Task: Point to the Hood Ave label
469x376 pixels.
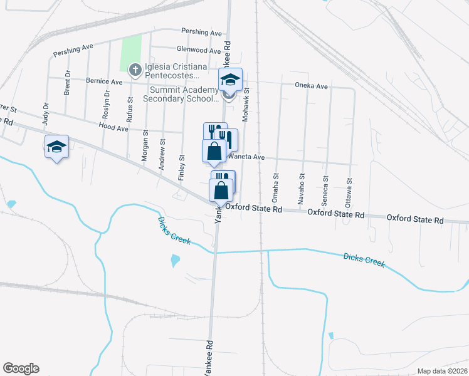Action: [113, 128]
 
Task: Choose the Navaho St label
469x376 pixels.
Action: [302, 186]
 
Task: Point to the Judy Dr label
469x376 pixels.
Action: [46, 115]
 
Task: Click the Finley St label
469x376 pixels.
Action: [182, 167]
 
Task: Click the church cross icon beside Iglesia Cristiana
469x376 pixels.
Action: [134, 69]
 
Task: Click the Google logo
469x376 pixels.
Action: [21, 368]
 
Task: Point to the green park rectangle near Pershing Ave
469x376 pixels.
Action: [131, 53]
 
